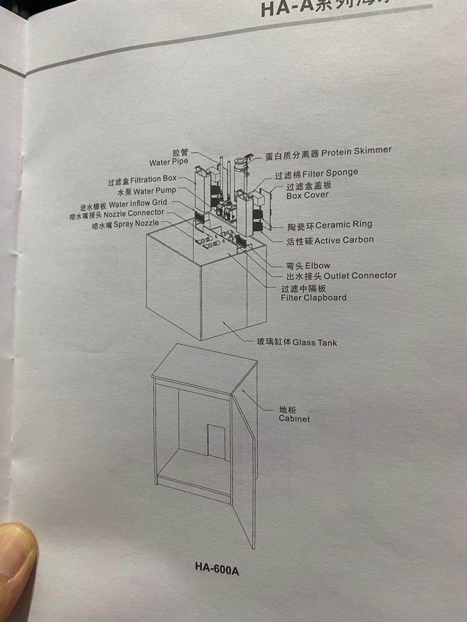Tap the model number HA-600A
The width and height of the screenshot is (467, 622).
point(217,570)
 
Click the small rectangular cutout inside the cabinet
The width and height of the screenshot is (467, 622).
point(216,441)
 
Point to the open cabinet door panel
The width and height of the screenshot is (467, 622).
point(243,466)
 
